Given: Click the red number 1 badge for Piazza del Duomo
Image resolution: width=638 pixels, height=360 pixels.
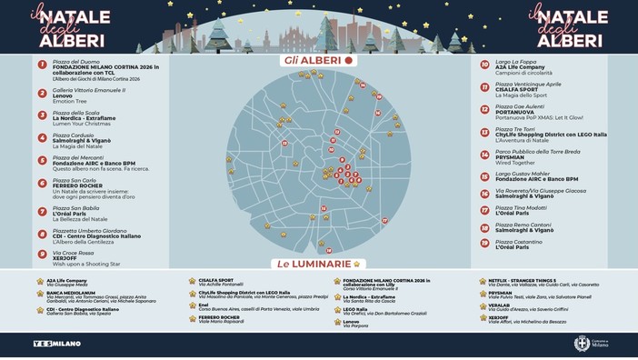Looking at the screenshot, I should point(42,65).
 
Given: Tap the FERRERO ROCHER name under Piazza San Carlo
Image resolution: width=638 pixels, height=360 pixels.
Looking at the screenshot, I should point(77,186).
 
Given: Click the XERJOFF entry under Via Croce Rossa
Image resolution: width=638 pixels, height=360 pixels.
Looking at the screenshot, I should point(65,258).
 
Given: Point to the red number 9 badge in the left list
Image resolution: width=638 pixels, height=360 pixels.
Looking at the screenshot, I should point(42,255).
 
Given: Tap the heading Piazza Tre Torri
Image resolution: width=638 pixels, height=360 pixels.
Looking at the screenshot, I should point(514,129).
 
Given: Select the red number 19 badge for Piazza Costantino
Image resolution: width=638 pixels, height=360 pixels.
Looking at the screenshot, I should point(484,243).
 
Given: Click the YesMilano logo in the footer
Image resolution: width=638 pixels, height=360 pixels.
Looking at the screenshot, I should point(56,343).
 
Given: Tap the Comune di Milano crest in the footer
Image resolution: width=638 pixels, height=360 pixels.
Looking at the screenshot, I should point(582,343).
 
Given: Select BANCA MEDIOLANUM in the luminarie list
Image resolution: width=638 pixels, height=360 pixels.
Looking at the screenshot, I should point(71,292).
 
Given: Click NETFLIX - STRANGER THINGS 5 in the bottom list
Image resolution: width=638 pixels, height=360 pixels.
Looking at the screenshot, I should point(521,280).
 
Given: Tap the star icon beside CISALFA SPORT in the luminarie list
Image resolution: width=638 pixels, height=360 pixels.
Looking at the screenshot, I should point(192,281).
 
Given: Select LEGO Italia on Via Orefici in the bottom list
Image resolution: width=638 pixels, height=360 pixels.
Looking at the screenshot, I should point(355,309).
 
